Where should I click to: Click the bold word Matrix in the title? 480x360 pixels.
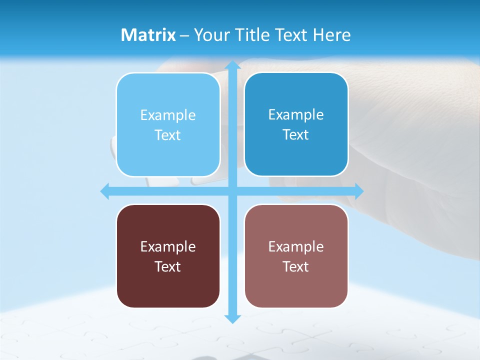click(148, 35)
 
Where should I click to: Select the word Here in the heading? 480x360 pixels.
click(332, 35)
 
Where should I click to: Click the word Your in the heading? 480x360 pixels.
click(212, 35)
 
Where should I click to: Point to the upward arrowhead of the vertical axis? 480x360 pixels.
click(232, 65)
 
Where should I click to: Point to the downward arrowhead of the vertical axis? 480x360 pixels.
click(232, 318)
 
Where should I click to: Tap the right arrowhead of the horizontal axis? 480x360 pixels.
click(358, 191)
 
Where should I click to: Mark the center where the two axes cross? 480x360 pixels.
click(232, 191)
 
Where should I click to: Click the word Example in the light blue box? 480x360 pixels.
click(168, 115)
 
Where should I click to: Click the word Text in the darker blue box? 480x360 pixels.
click(296, 135)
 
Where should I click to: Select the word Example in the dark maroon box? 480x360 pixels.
click(168, 246)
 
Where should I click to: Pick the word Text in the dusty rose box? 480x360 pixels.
click(296, 266)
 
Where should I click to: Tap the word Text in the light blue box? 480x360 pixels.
click(168, 135)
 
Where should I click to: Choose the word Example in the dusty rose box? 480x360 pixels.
click(296, 246)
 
